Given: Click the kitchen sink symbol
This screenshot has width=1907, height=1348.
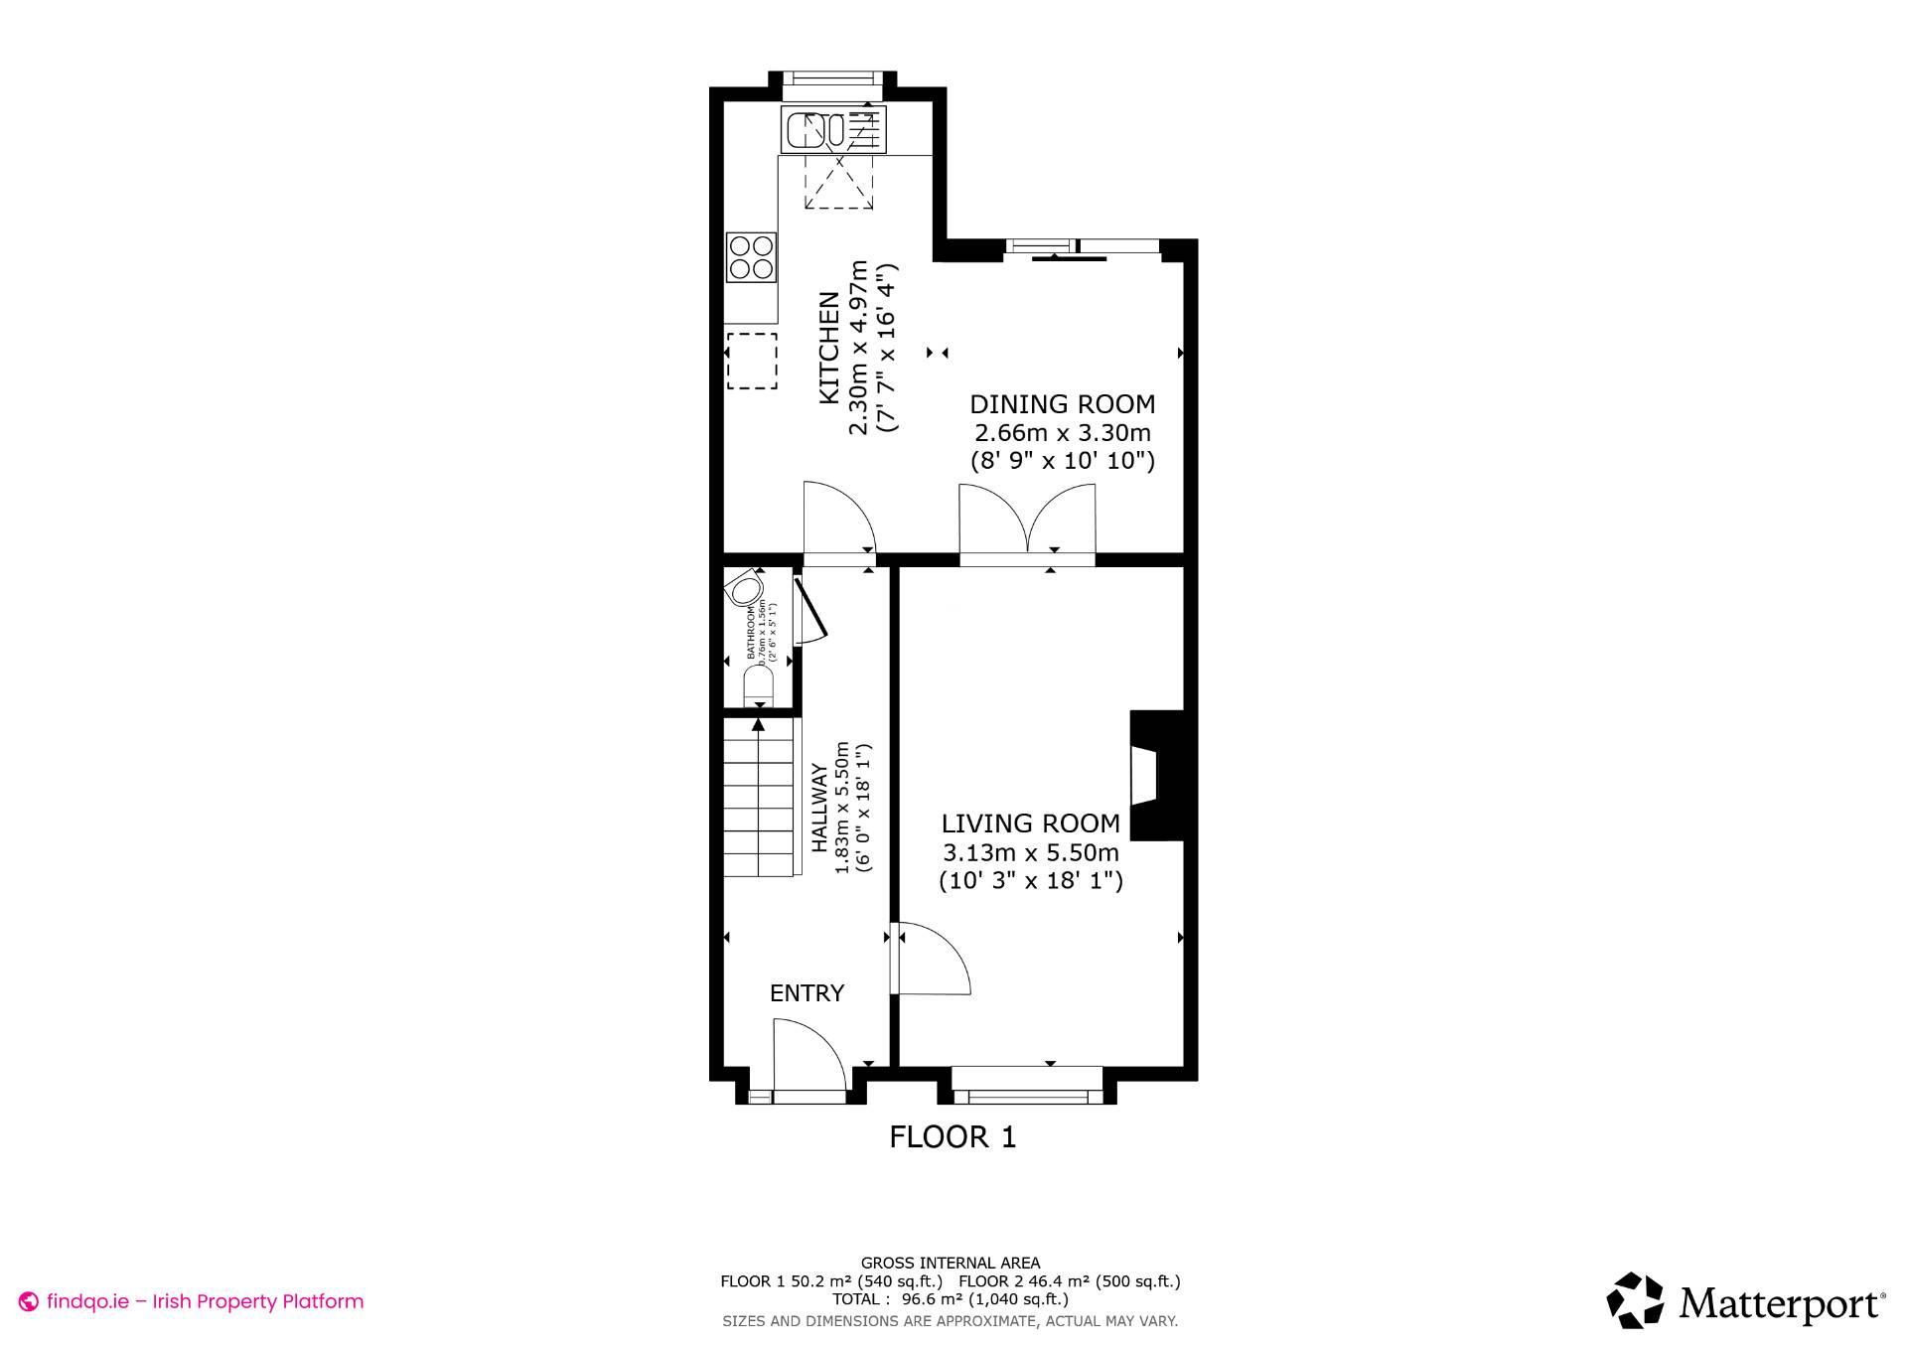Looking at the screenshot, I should pos(833,129).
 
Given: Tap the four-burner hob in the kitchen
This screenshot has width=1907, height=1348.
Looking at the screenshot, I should pos(751,256).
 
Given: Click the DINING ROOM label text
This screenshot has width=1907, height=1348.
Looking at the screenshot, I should pos(1062,404).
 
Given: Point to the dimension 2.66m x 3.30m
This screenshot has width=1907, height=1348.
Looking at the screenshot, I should pos(1062,433).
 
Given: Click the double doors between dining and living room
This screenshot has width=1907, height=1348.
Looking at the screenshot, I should pos(1027,524).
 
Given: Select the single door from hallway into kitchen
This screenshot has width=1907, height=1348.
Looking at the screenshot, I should pos(836,522).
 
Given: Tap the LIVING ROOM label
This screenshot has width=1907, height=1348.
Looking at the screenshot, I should pos(1030,824).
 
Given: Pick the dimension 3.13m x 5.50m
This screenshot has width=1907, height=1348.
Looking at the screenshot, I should pos(1030,852).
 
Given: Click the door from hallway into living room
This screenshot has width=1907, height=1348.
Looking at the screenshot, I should pos(930,959).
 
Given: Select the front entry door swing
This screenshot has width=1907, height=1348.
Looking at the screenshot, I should pos(807,1058).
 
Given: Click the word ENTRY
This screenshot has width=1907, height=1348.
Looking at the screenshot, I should pos(807,993).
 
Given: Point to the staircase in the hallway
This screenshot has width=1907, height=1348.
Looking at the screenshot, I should pos(760,800).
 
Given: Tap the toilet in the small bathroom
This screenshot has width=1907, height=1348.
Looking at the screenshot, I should pos(758,684).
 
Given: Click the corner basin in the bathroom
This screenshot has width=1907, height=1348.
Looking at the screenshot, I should pos(743,590).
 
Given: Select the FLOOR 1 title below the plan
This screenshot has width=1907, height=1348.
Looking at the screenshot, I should pos(953,1137).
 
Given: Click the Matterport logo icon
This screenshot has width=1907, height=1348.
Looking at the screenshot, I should pos(1635,1300).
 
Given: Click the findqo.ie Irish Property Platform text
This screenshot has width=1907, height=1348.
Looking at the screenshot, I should pos(205,1301).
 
